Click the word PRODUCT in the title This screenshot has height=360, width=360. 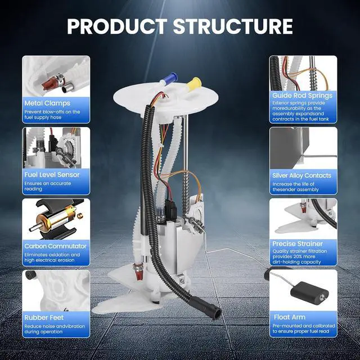click(117, 26)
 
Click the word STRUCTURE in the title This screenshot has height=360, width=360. click(233, 26)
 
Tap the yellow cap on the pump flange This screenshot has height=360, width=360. click(194, 84)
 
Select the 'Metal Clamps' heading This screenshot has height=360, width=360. click(47, 103)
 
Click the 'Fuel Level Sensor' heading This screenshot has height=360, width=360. click(52, 175)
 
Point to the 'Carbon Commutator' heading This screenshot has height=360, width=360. click(55, 246)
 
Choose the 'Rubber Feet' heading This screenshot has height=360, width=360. click(44, 317)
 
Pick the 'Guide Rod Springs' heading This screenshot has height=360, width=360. click(303, 96)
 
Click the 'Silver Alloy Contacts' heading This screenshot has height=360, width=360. click(301, 175)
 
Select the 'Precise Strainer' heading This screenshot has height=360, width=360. click(298, 244)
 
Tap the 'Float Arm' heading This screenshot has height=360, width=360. click(290, 317)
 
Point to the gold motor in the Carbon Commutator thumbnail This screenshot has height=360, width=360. click(56, 217)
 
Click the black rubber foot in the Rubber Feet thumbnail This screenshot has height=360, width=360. click(30, 275)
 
